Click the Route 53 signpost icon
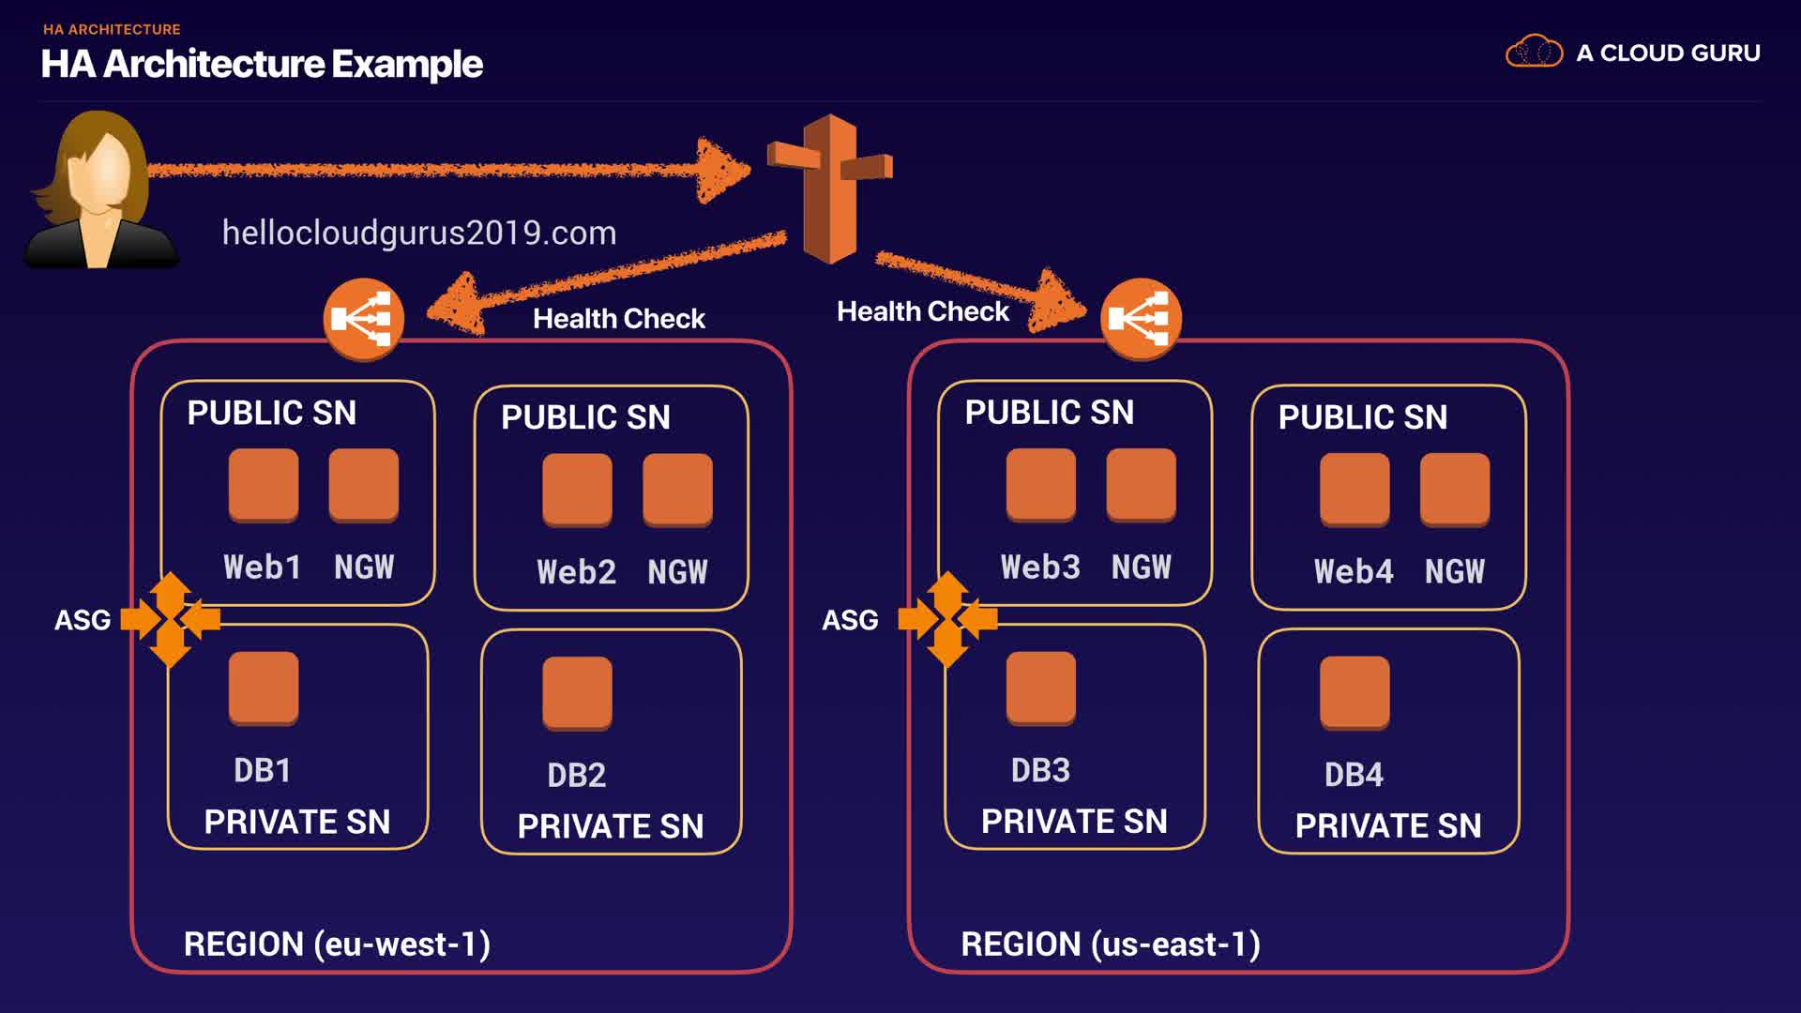(830, 188)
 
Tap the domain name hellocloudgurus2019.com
(419, 233)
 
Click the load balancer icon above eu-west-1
(364, 319)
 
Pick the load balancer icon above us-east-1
(1141, 319)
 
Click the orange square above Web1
(264, 484)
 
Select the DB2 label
(576, 775)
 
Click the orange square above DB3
(1040, 688)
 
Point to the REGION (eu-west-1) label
(337, 944)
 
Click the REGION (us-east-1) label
(1111, 944)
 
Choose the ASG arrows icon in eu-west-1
(171, 619)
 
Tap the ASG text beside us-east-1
(850, 620)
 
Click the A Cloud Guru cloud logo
(1534, 53)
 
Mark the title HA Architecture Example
(262, 64)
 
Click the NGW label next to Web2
(677, 571)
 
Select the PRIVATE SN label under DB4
(1388, 825)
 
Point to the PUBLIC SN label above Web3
(1049, 412)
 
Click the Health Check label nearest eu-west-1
(618, 319)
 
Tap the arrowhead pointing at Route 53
(722, 170)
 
